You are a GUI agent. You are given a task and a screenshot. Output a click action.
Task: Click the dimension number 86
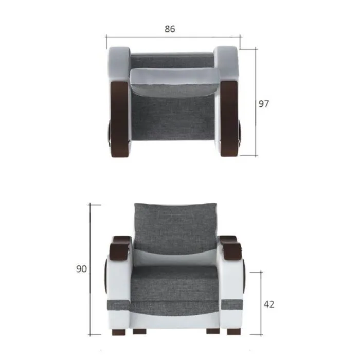[x=170, y=29]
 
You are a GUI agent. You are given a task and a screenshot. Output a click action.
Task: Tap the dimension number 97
[x=263, y=104]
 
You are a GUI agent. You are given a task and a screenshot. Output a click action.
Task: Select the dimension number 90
[x=81, y=269]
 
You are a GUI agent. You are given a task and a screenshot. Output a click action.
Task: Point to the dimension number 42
[x=269, y=304]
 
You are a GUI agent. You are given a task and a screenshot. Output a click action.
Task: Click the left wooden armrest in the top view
[x=119, y=119]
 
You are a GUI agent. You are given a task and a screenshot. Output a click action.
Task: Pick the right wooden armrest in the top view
[x=229, y=118]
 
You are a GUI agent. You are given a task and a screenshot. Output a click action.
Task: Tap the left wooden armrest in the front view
[x=120, y=247]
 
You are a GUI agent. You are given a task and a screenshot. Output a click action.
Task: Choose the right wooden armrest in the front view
[x=230, y=247]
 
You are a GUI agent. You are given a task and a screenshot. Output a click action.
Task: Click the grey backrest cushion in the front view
[x=175, y=228]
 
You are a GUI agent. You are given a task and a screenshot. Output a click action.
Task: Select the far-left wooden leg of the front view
[x=119, y=332]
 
